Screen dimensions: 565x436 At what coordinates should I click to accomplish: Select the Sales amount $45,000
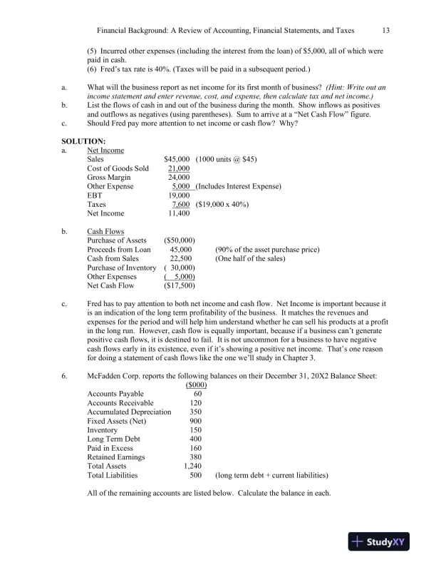click(x=177, y=160)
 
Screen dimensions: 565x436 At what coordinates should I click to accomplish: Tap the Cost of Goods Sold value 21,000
click(x=179, y=168)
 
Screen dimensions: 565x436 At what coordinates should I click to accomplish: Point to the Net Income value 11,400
click(x=179, y=213)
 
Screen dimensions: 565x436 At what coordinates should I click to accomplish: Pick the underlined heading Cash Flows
click(x=105, y=232)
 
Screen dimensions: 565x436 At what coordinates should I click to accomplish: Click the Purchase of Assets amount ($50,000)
click(x=180, y=240)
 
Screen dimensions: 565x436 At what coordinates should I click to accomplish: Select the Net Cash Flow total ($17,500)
click(x=180, y=285)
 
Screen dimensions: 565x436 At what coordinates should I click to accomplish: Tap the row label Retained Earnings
click(x=115, y=457)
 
